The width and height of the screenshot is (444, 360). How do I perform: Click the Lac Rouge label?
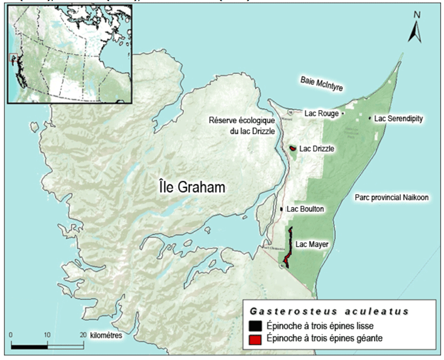pyautogui.click(x=321, y=113)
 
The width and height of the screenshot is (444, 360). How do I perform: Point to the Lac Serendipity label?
pyautogui.click(x=398, y=119)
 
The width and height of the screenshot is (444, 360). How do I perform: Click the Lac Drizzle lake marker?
pyautogui.click(x=293, y=149)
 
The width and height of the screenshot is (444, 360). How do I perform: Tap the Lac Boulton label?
pyautogui.click(x=305, y=209)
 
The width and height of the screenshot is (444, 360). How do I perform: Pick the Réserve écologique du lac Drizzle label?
pyautogui.click(x=241, y=124)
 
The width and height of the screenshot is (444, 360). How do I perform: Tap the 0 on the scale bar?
pyautogui.click(x=12, y=335)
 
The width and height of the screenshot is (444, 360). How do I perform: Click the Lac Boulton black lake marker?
pyautogui.click(x=282, y=209)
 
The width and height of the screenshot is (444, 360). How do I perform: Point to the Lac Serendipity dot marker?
pyautogui.click(x=370, y=118)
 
